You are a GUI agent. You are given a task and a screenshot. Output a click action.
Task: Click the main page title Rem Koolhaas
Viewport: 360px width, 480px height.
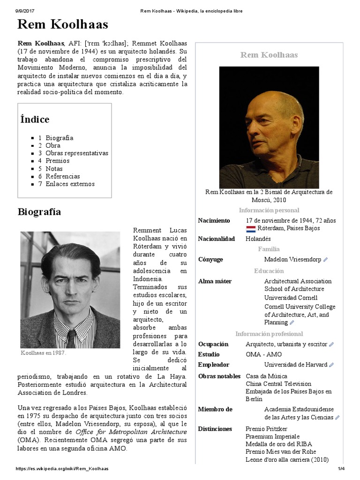coord(63,24)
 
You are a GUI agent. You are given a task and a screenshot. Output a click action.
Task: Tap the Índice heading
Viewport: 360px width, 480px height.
coord(35,119)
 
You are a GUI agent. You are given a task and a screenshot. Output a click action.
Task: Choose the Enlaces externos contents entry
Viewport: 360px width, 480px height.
coord(70,184)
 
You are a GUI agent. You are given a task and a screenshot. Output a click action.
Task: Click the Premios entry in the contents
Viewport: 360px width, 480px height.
coord(57,161)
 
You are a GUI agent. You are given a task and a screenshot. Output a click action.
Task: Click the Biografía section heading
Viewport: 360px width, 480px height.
coord(39,212)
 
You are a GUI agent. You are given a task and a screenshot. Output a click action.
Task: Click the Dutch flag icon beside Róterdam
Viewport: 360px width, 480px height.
coord(250,229)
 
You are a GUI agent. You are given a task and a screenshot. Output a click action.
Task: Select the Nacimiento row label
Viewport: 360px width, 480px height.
coord(214,220)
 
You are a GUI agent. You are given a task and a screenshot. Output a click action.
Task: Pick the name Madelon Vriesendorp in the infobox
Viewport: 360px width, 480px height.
coord(292,259)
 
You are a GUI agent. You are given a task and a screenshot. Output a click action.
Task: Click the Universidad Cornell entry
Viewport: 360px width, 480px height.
coord(291,298)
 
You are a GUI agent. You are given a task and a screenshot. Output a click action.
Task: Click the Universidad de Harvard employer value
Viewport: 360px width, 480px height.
coord(295,365)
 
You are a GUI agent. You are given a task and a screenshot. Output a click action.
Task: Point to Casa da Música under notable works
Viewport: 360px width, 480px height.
coord(266,376)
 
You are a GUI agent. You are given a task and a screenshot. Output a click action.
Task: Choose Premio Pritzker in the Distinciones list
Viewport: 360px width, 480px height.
coord(266,428)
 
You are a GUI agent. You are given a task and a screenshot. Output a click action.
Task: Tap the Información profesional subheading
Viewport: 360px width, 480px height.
coord(269,334)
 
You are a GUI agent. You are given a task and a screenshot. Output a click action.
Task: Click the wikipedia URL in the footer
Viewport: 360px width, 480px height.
coord(62,469)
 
